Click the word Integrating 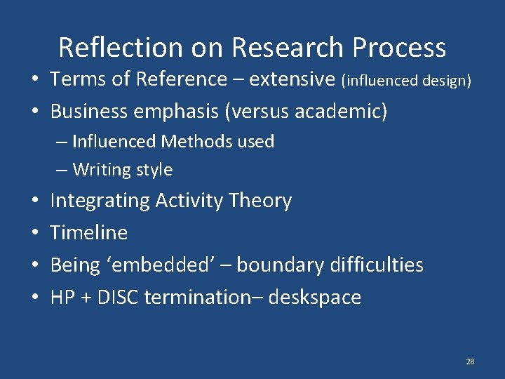click(100, 201)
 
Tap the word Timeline click(89, 232)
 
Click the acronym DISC click(119, 297)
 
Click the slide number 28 click(470, 361)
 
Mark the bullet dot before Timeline click(34, 232)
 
